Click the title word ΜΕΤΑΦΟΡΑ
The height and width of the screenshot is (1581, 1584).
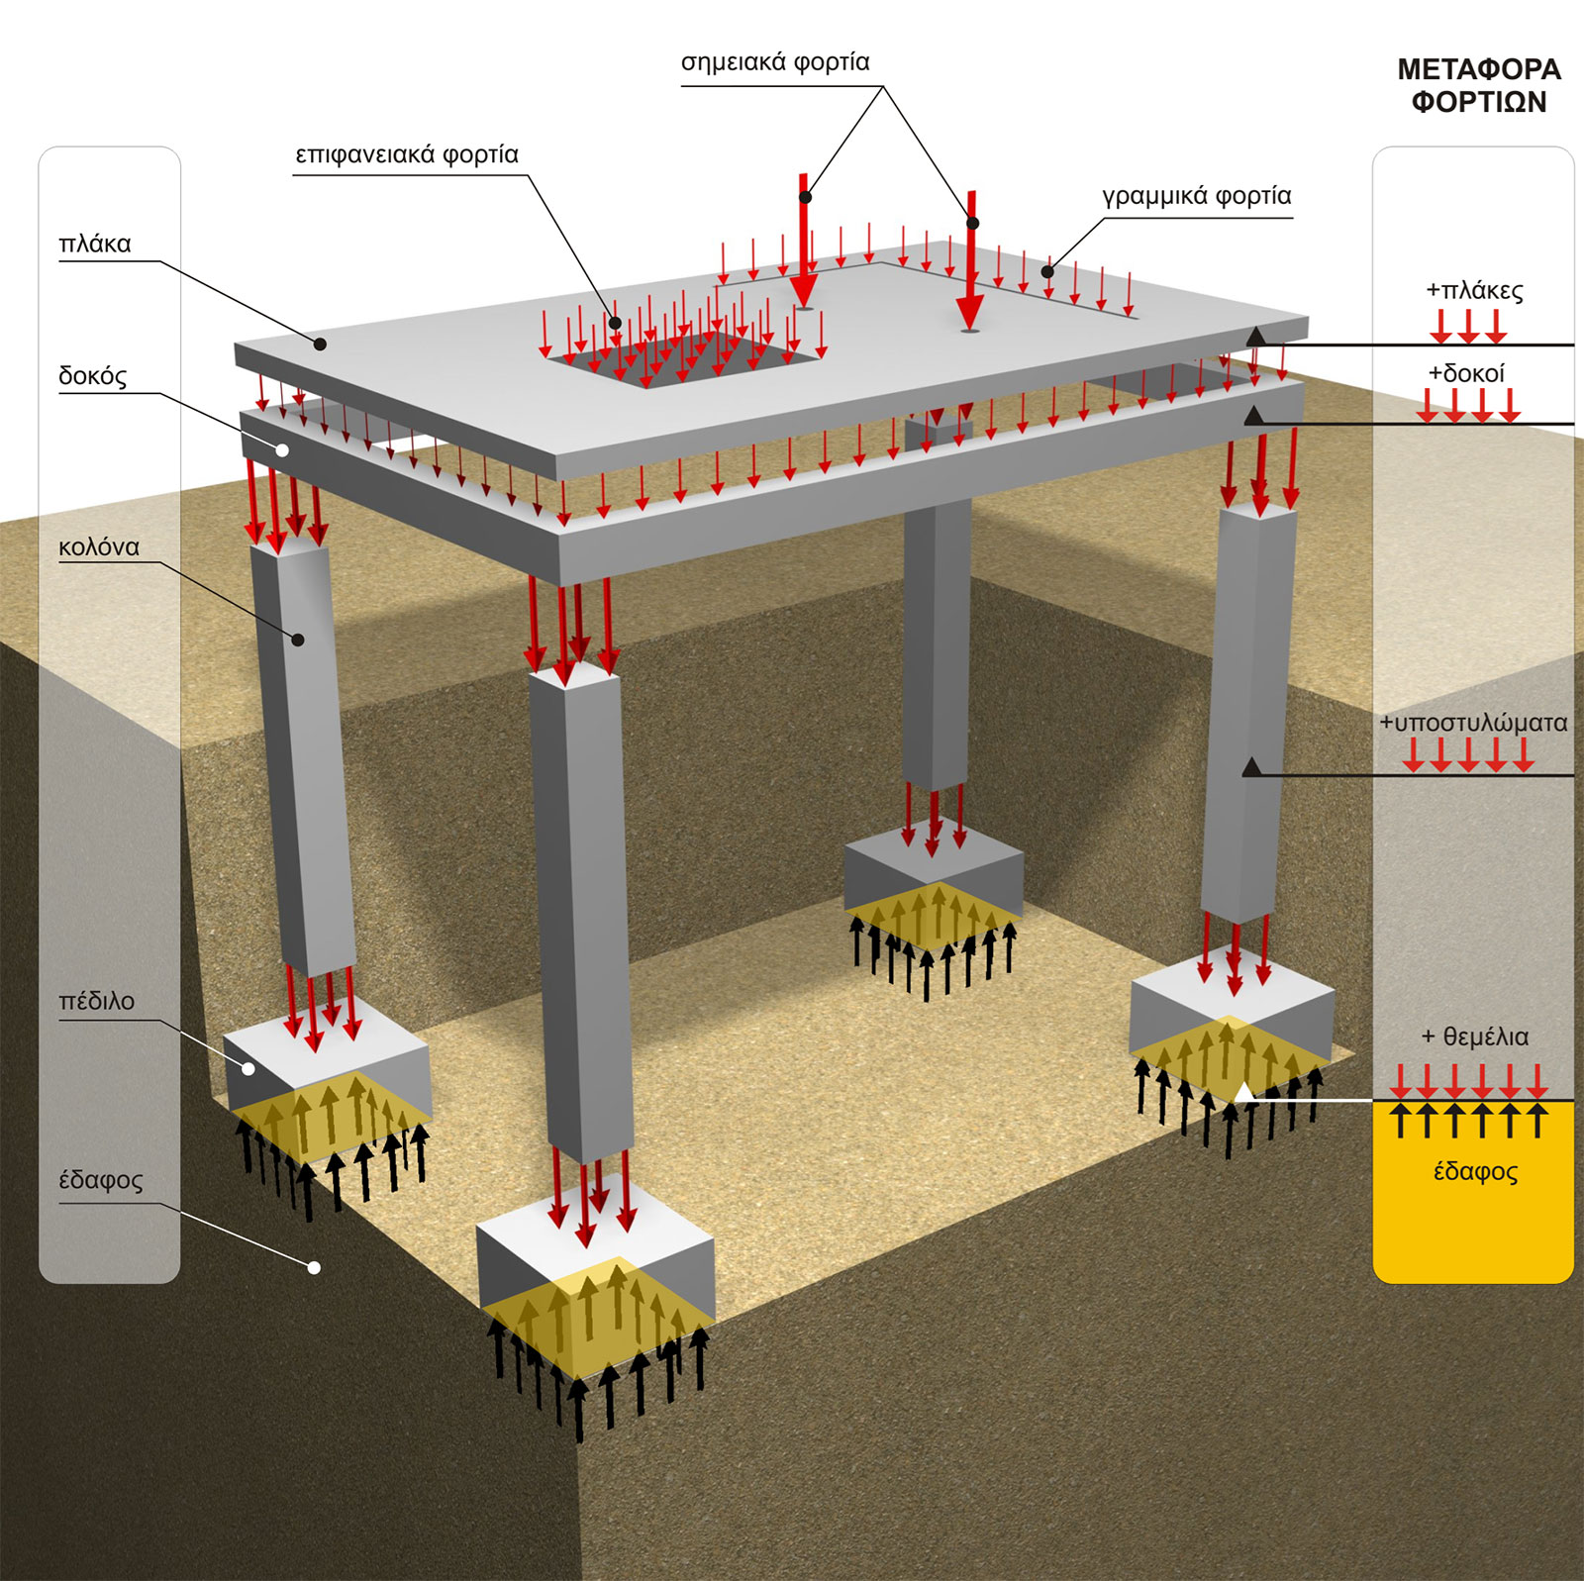1478,69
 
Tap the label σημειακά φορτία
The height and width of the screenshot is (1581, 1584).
775,62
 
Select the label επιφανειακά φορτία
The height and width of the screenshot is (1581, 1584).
407,155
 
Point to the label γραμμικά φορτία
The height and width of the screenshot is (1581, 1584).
1196,196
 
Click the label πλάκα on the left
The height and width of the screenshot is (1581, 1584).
95,244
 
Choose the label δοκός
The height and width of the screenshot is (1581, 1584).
92,376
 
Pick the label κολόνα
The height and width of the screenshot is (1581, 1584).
99,546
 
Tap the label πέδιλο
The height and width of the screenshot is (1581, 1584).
96,1001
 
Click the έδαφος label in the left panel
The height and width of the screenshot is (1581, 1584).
100,1180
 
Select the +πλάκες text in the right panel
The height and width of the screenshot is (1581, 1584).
1474,290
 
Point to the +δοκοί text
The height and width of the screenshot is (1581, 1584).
1466,373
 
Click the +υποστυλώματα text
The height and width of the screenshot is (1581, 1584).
1473,723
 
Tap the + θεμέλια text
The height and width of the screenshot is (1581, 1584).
1474,1037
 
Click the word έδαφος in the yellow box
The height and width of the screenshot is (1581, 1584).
1475,1172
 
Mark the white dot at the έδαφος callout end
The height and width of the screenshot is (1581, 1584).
314,1267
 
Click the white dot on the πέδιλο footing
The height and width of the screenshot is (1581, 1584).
248,1068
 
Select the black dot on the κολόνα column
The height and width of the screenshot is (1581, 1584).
298,640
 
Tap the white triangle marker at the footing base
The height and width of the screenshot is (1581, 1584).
1244,1092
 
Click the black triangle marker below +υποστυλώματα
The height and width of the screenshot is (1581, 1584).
1252,767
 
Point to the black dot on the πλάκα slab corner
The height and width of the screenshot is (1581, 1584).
320,345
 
